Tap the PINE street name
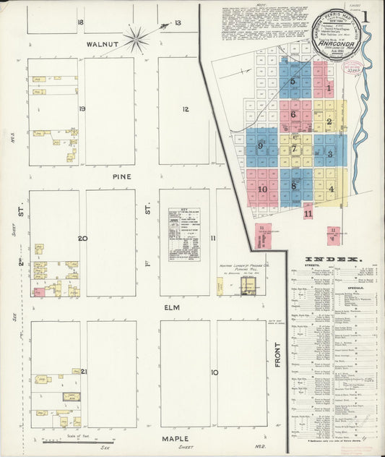[121, 176]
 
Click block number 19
[83, 109]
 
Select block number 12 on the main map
[186, 109]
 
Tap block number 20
[83, 239]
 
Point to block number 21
[84, 372]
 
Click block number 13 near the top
[177, 23]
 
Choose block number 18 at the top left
[80, 22]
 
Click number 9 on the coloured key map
[259, 145]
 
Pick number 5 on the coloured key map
[293, 82]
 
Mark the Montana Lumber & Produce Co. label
[239, 267]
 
